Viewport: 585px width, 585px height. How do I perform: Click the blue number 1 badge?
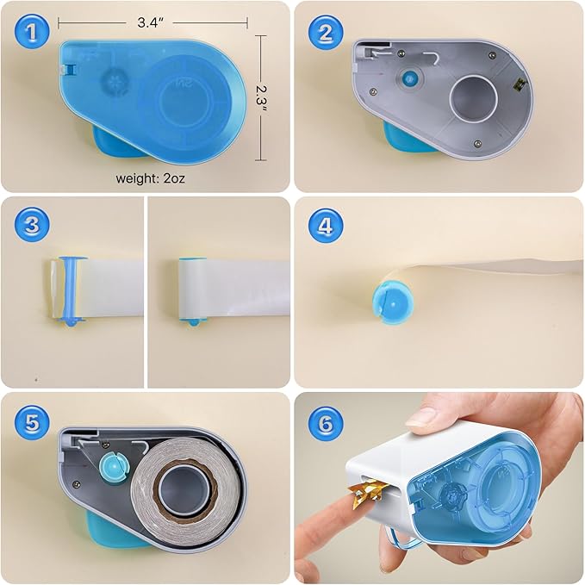[x=32, y=32]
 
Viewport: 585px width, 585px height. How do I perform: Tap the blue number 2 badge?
[x=326, y=33]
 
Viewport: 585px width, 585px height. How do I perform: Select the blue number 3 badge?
[x=32, y=225]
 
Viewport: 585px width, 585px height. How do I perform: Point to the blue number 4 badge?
[x=326, y=226]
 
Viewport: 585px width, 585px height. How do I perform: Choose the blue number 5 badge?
[x=32, y=423]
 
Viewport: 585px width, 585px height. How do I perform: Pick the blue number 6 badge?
[x=326, y=423]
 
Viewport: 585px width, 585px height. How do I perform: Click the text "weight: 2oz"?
[x=151, y=178]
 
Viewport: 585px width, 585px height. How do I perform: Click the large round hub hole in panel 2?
[x=474, y=98]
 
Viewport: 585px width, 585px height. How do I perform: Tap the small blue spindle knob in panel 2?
[x=409, y=78]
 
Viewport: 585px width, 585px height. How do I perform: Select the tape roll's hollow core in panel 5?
[x=184, y=488]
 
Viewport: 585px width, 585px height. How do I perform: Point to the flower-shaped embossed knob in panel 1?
[x=115, y=83]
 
